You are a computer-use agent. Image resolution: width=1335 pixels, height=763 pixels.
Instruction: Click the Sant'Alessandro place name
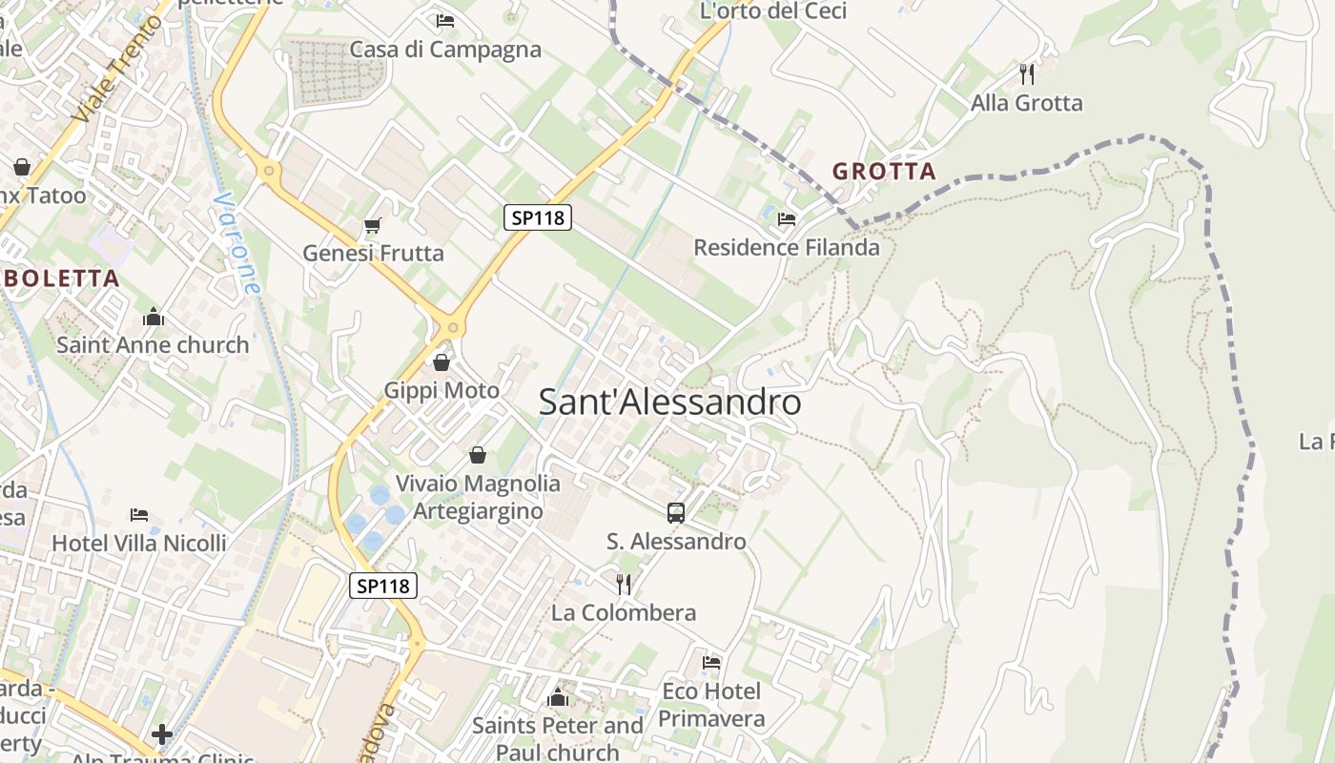[x=669, y=402]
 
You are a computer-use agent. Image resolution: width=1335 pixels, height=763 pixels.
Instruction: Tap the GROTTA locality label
[x=884, y=172]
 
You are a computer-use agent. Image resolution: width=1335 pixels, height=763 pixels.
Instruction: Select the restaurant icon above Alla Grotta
[x=1027, y=73]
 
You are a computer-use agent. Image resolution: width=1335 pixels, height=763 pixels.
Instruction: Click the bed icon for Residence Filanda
[x=787, y=219]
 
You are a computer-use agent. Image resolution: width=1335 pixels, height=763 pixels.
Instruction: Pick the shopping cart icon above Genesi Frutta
[x=373, y=226]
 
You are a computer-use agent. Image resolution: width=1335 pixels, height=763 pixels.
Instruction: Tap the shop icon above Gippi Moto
[x=442, y=362]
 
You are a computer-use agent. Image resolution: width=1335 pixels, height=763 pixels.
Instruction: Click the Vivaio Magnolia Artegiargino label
[x=478, y=497]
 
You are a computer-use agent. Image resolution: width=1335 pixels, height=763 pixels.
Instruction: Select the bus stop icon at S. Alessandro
[x=676, y=513]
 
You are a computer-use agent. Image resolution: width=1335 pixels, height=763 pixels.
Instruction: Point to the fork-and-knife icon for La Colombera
[x=624, y=584]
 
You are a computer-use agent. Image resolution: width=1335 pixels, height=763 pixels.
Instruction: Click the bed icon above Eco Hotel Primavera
[x=711, y=662]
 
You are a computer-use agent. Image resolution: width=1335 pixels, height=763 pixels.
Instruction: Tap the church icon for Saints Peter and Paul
[x=558, y=698]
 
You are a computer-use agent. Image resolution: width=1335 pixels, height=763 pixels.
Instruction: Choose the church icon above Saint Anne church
[x=154, y=317]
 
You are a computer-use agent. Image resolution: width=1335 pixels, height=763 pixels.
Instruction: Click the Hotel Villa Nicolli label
[x=139, y=543]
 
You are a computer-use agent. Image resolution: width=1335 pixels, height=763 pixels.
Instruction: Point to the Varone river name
[x=239, y=244]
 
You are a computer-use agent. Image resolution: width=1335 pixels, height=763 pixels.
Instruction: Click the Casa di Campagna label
[x=445, y=50]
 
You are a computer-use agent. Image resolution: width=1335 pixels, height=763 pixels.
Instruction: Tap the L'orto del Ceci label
[x=773, y=11]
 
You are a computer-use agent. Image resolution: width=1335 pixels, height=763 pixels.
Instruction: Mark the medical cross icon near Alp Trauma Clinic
[x=162, y=734]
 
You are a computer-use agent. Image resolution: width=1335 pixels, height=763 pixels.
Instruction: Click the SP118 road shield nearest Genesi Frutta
[x=538, y=217]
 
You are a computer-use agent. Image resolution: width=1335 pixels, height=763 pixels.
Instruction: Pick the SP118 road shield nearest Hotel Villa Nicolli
[x=384, y=586]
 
